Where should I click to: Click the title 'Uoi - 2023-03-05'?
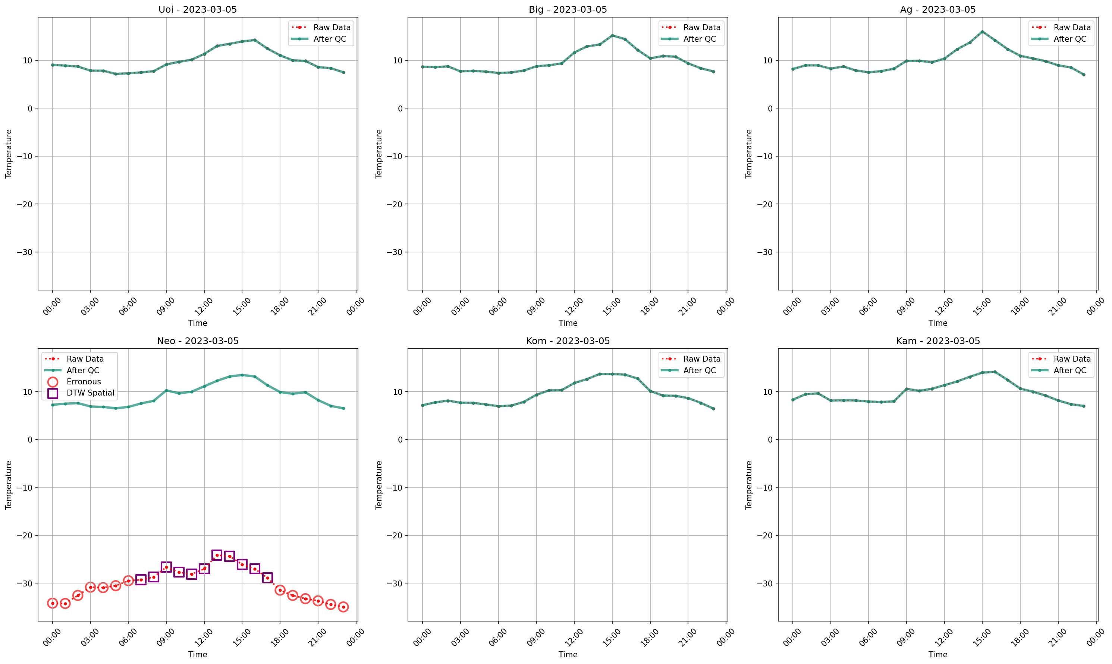pyautogui.click(x=197, y=9)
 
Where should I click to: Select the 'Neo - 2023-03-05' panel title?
pyautogui.click(x=197, y=341)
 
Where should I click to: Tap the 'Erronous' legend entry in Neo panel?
pyautogui.click(x=84, y=382)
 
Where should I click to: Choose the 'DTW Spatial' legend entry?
pyautogui.click(x=90, y=393)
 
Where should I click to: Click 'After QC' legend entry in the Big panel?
pyautogui.click(x=700, y=39)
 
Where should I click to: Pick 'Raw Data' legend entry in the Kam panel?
pyautogui.click(x=1072, y=359)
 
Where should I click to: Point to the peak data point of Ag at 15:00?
pyautogui.click(x=982, y=32)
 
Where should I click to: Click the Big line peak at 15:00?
pyautogui.click(x=612, y=35)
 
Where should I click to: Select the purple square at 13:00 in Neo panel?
pyautogui.click(x=217, y=555)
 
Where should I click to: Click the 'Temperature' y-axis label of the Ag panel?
pyautogui.click(x=749, y=154)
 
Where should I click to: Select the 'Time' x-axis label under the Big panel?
pyautogui.click(x=568, y=323)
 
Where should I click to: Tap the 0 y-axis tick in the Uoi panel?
pyautogui.click(x=30, y=108)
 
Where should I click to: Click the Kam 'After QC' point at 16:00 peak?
pyautogui.click(x=995, y=372)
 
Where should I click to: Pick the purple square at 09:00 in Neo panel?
pyautogui.click(x=166, y=567)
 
